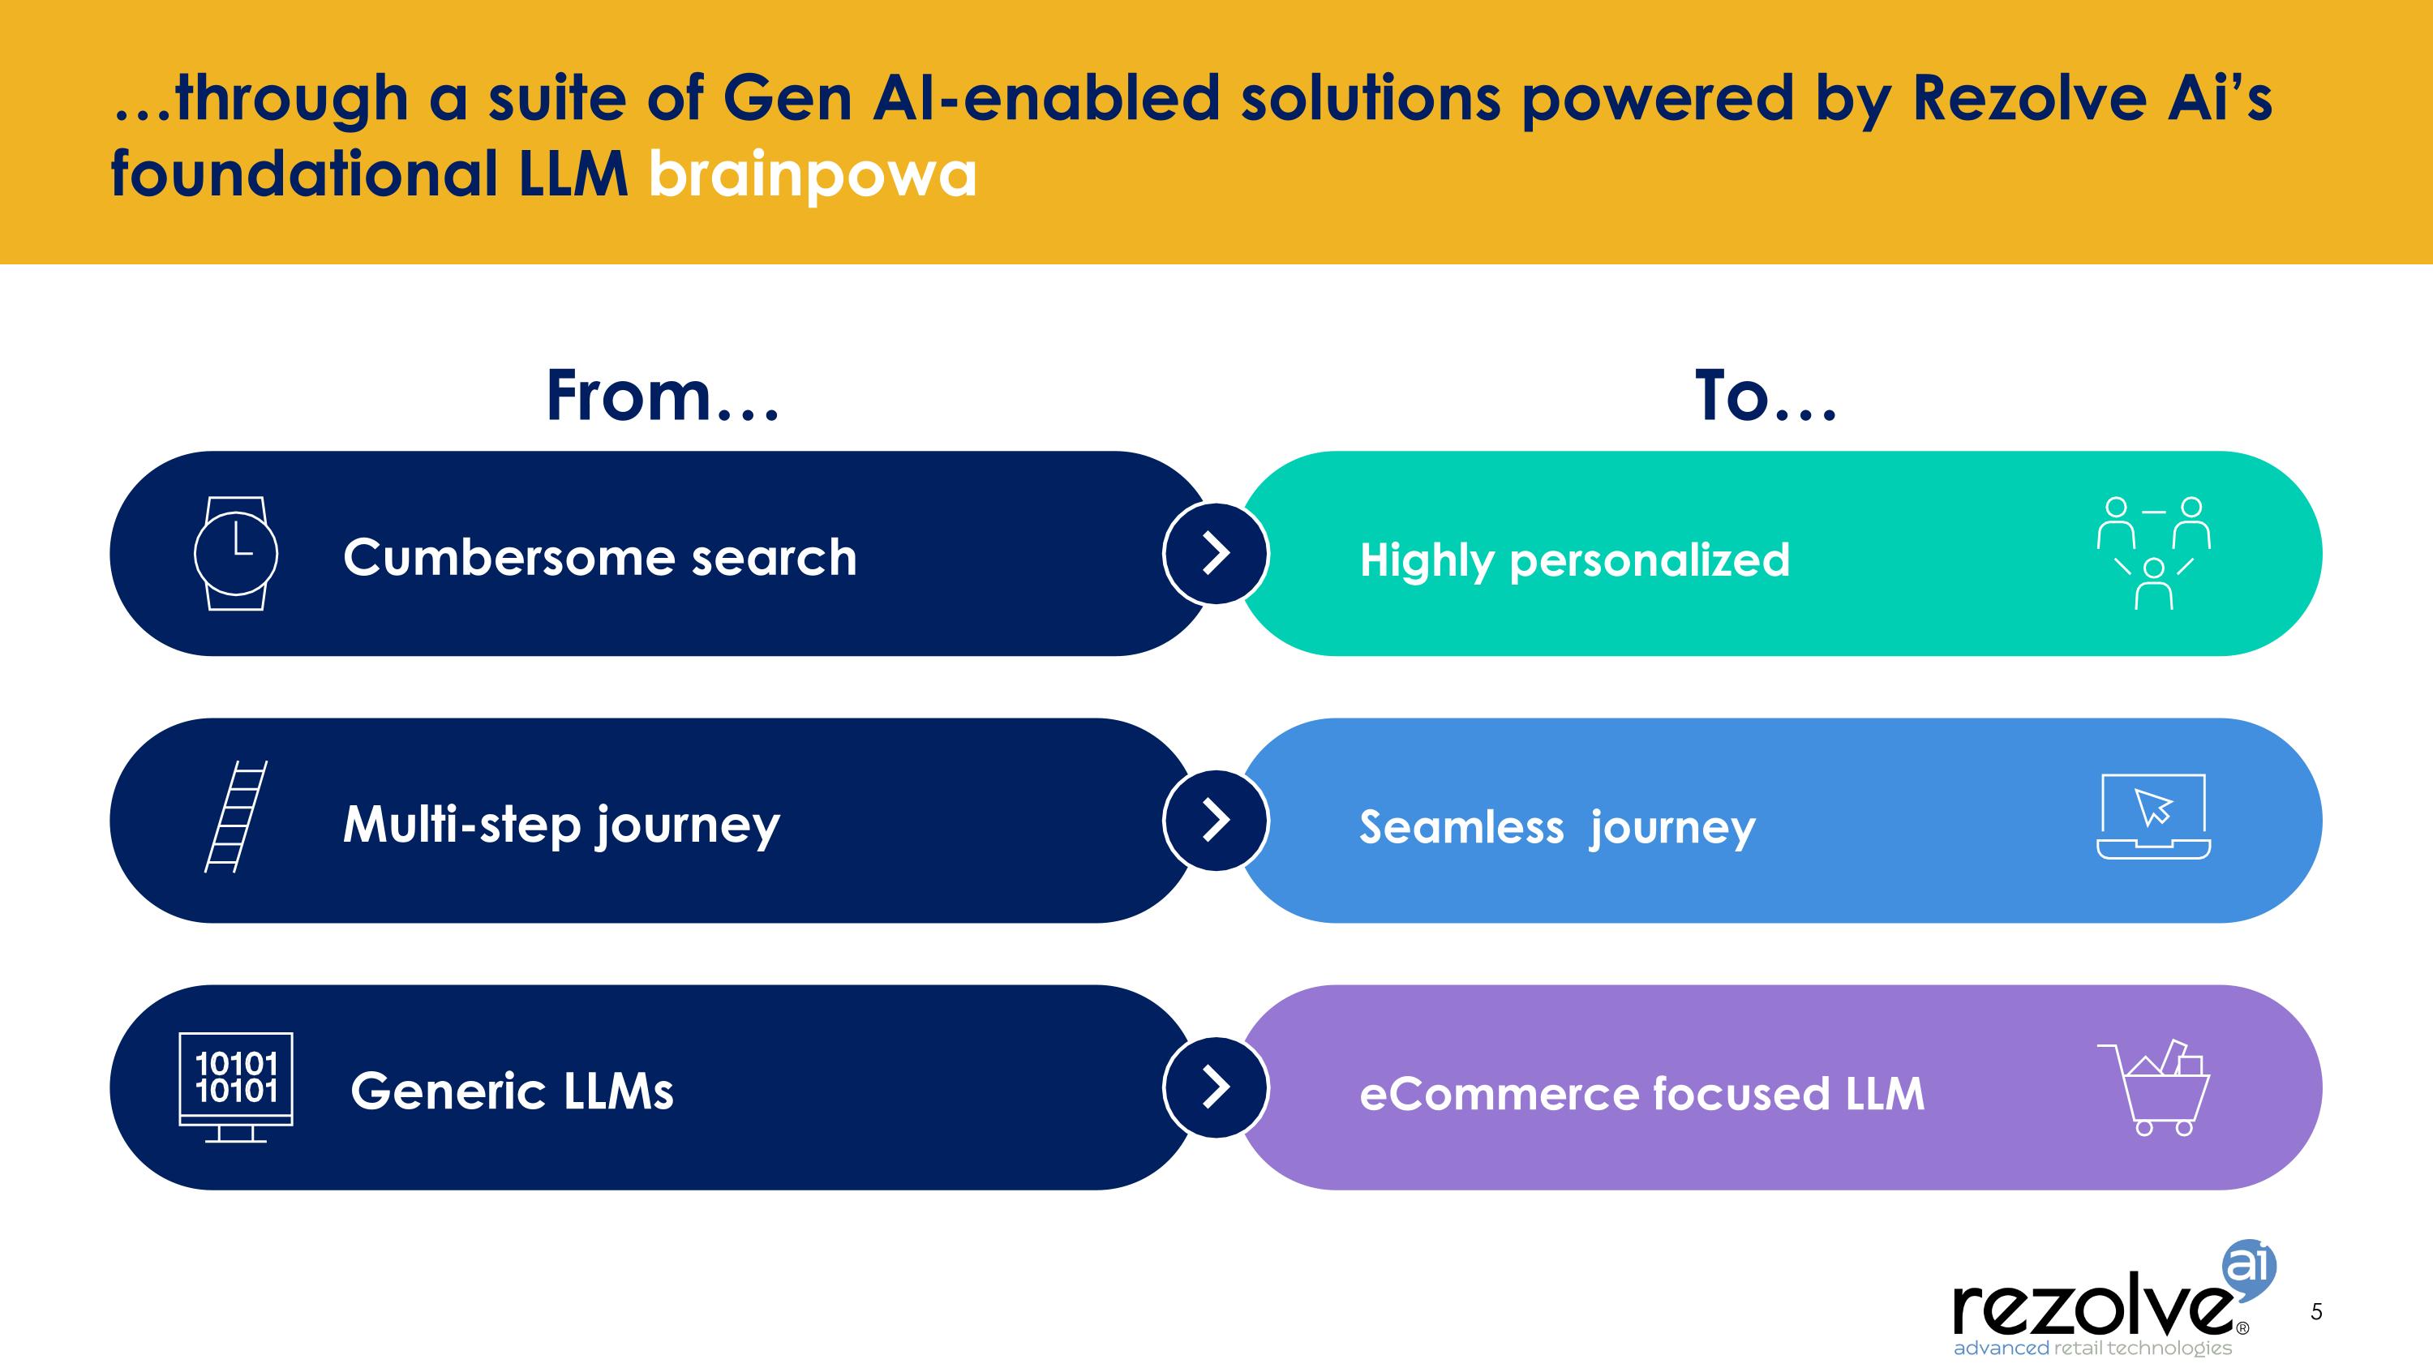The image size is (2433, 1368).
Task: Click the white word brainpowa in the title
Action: coord(813,176)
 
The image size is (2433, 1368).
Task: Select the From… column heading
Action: coord(663,396)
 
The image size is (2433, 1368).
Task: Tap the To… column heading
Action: coord(1766,396)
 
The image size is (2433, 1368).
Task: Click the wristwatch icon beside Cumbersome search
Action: coord(235,553)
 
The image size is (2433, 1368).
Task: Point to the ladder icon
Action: coord(236,817)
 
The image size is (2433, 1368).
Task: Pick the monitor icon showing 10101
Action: coord(236,1087)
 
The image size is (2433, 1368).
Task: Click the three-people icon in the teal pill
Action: coord(2153,553)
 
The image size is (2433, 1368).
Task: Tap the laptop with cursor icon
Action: coord(2153,817)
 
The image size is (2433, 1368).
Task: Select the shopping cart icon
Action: coord(2153,1087)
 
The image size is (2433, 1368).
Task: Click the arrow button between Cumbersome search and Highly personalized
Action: coord(1216,553)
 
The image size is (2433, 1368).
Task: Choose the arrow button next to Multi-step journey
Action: coord(1216,821)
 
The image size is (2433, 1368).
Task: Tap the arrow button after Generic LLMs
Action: coord(1216,1087)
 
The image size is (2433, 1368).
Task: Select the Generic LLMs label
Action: coord(512,1091)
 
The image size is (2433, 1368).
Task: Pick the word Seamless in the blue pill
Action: coord(1462,827)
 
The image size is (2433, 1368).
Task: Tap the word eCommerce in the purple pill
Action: coord(1499,1094)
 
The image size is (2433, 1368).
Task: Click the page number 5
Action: coord(2316,1311)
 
